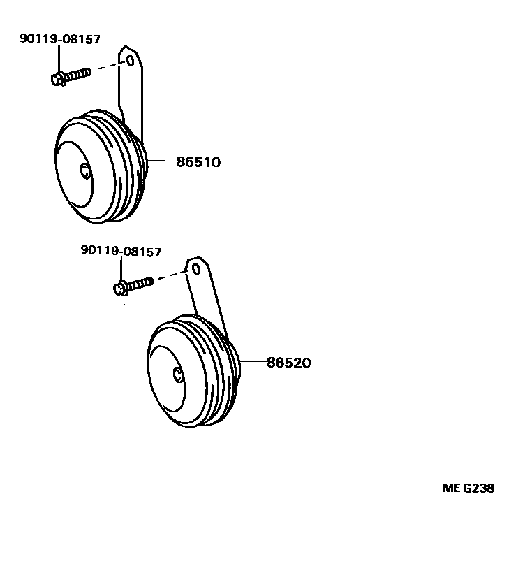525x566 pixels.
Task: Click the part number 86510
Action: pos(198,162)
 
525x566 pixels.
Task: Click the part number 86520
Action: pos(288,363)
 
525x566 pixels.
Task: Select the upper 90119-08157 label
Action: pos(60,39)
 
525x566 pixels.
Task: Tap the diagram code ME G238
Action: pos(468,488)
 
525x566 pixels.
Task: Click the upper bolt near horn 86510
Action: pos(71,75)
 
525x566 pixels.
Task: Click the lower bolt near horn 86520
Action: pos(133,285)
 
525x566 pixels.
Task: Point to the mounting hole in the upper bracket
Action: pos(130,61)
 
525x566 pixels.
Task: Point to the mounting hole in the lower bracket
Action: pos(196,268)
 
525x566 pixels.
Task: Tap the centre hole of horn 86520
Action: pos(179,375)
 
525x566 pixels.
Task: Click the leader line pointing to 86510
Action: pos(161,161)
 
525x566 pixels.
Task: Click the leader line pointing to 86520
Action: pos(253,362)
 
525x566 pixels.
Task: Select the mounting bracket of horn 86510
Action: pos(131,91)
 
